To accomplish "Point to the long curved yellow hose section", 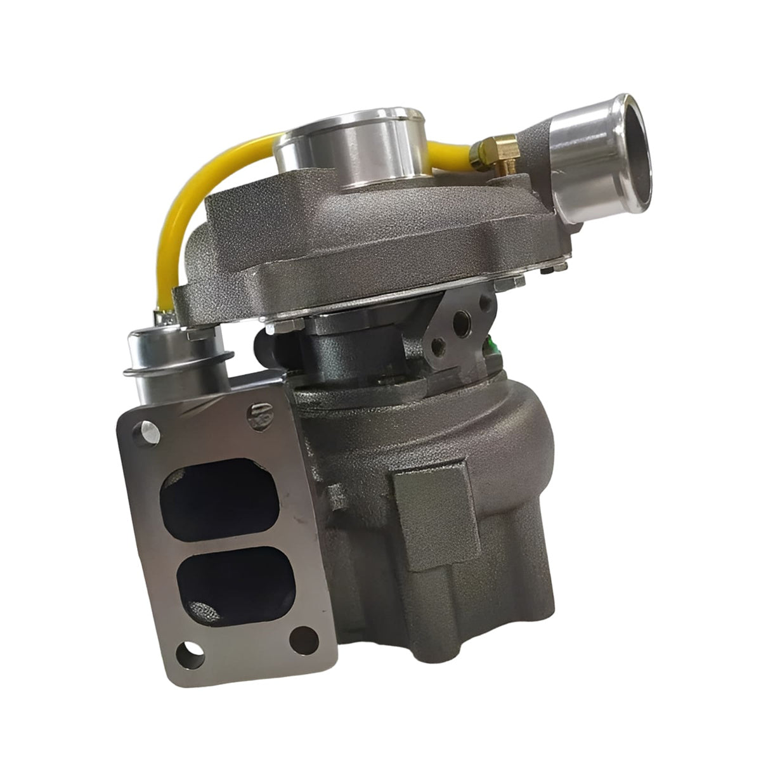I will (190, 209).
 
